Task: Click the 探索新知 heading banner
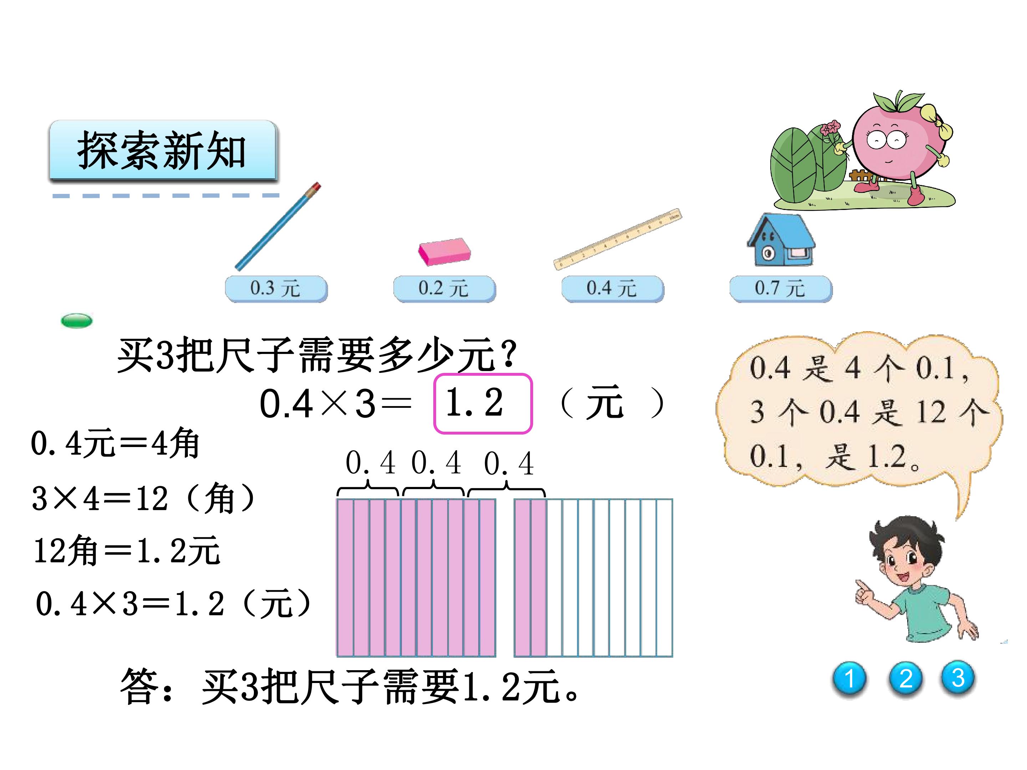click(163, 151)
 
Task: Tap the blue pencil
click(278, 226)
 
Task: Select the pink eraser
click(444, 252)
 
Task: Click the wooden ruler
click(618, 239)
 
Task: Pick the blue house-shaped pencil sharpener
click(781, 240)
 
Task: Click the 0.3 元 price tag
click(276, 289)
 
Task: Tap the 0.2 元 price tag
click(444, 289)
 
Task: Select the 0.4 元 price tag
click(612, 289)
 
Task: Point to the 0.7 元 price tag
click(781, 289)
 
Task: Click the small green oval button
click(77, 321)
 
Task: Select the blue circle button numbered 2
click(905, 679)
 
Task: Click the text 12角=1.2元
click(127, 550)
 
